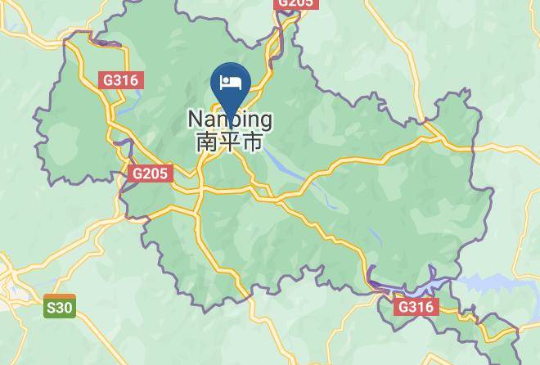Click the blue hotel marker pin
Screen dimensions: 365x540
pyautogui.click(x=231, y=85)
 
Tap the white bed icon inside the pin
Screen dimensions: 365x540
pyautogui.click(x=231, y=83)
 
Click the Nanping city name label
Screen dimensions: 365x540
pyautogui.click(x=230, y=119)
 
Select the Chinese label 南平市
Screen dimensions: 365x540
pyautogui.click(x=230, y=142)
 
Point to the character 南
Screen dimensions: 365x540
pyautogui.click(x=207, y=142)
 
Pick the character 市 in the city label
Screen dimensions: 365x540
pyautogui.click(x=253, y=142)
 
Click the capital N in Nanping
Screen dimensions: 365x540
pyautogui.click(x=196, y=119)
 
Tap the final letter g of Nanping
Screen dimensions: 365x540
pyautogui.click(x=264, y=121)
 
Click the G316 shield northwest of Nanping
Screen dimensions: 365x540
pyautogui.click(x=121, y=80)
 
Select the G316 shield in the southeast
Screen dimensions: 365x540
pyautogui.click(x=416, y=307)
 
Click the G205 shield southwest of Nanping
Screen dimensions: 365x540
pyautogui.click(x=150, y=173)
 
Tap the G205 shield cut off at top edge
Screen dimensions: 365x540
pyautogui.click(x=295, y=3)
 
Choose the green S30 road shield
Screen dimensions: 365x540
pyautogui.click(x=60, y=307)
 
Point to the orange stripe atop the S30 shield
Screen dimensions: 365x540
pyautogui.click(x=60, y=297)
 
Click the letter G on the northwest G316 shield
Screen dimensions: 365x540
pyautogui.click(x=108, y=80)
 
